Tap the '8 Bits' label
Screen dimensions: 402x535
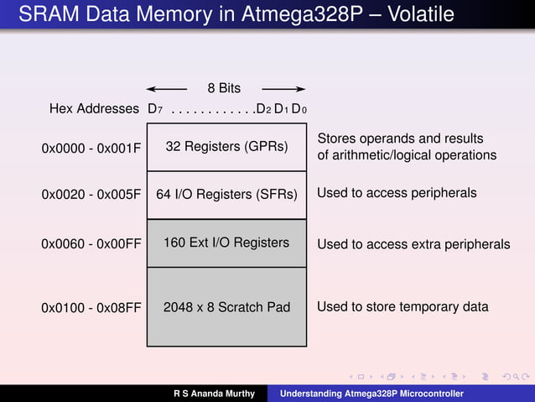pyautogui.click(x=224, y=88)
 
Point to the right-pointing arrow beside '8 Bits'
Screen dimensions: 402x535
pyautogui.click(x=283, y=88)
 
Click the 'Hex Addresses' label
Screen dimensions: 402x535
pyautogui.click(x=94, y=109)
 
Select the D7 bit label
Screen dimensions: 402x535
pyautogui.click(x=154, y=109)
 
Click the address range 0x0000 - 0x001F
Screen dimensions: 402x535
pyautogui.click(x=91, y=149)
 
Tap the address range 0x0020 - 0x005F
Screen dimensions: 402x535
pyautogui.click(x=91, y=194)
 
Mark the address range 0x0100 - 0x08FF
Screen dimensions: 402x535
pyautogui.click(x=91, y=308)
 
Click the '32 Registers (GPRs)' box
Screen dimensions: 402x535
pyautogui.click(x=226, y=147)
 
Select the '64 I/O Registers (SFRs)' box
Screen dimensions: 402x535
pyautogui.click(x=226, y=195)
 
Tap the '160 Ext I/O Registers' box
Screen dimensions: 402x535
pyautogui.click(x=226, y=243)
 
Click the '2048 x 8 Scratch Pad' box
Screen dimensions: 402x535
pyautogui.click(x=226, y=307)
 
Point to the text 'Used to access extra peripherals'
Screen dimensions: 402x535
pyautogui.click(x=413, y=244)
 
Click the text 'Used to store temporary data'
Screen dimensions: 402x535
pyautogui.click(x=403, y=307)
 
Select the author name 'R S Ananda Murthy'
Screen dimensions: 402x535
pyautogui.click(x=214, y=394)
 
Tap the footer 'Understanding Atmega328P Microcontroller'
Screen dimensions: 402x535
pyautogui.click(x=371, y=394)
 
